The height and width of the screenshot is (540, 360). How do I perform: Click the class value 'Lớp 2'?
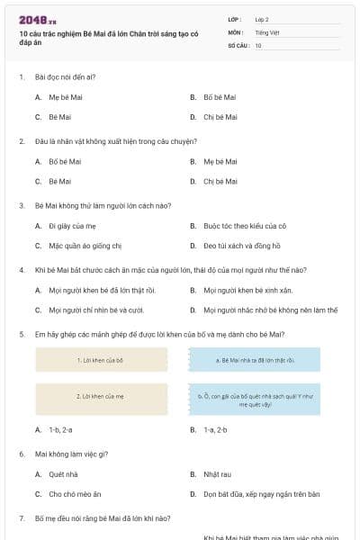[263, 19]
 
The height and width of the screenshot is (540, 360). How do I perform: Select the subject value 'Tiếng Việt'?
[266, 32]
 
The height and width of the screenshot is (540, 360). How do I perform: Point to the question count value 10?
[258, 45]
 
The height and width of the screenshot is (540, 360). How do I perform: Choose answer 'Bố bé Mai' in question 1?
[220, 97]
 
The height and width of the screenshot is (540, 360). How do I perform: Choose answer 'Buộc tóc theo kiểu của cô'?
[244, 226]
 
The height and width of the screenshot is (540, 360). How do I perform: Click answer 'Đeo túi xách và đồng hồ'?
[241, 246]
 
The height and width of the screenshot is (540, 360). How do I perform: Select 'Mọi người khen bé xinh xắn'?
[247, 290]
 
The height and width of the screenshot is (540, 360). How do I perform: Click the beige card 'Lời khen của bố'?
[101, 360]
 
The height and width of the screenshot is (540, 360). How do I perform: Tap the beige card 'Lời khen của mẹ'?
[101, 396]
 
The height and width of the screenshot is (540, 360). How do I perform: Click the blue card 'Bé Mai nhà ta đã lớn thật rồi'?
[255, 360]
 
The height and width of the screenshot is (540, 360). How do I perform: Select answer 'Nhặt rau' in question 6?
[217, 474]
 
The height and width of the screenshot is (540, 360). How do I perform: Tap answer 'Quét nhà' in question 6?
[63, 474]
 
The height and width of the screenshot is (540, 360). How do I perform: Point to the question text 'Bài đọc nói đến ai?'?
[65, 77]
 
